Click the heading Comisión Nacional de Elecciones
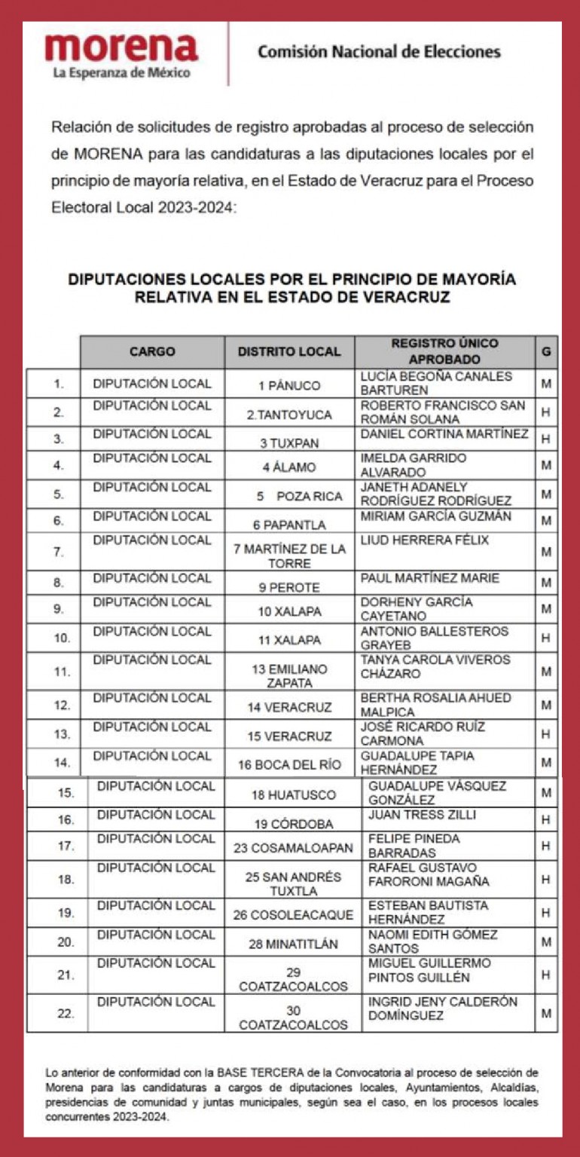379,52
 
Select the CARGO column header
152,352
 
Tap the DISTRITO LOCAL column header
289,352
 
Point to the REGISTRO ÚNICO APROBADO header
444,351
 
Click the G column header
546,352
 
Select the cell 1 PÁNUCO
289,385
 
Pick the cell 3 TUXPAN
289,442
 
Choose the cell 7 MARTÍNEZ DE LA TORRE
289,555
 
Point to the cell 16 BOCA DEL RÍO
289,765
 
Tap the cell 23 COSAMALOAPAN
293,848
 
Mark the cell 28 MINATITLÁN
293,944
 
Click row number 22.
66,1014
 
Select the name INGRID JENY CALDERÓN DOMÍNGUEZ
443,1009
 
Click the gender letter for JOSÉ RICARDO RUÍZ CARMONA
546,733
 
